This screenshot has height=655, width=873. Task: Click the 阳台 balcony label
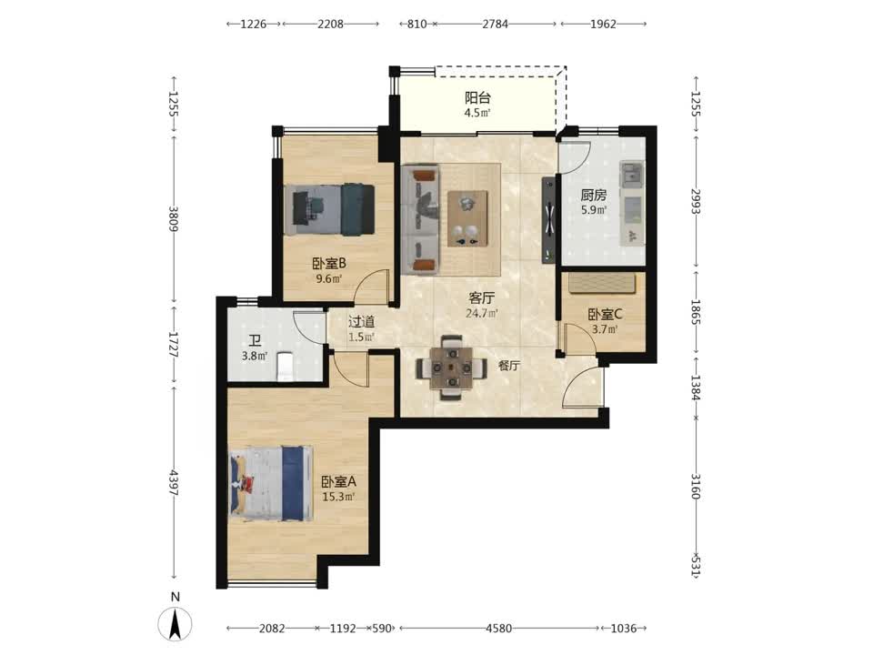[x=477, y=98]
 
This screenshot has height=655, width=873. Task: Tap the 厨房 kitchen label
[x=594, y=195]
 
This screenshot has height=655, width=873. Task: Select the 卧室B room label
[x=329, y=264]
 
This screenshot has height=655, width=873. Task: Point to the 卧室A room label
[x=338, y=481]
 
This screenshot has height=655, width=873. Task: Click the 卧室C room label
[x=606, y=314]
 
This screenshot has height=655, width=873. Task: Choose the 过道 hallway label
[x=361, y=322]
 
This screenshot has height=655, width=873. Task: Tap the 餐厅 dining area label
[x=509, y=366]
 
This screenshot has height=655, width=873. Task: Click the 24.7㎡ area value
[x=482, y=313]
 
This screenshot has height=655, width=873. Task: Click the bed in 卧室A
[x=272, y=483]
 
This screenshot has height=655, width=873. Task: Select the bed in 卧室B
[x=329, y=209]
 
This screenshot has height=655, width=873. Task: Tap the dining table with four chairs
[x=451, y=368]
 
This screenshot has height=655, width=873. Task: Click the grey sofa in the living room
[x=420, y=219]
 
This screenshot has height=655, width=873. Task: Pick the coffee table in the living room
[x=467, y=218]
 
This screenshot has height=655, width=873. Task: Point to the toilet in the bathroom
[x=285, y=367]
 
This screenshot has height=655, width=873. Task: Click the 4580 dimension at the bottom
[x=499, y=629]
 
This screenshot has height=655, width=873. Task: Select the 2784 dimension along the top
[x=495, y=24]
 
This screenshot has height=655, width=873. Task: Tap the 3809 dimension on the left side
[x=175, y=219]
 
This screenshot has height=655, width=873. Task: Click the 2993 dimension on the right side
[x=696, y=202]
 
